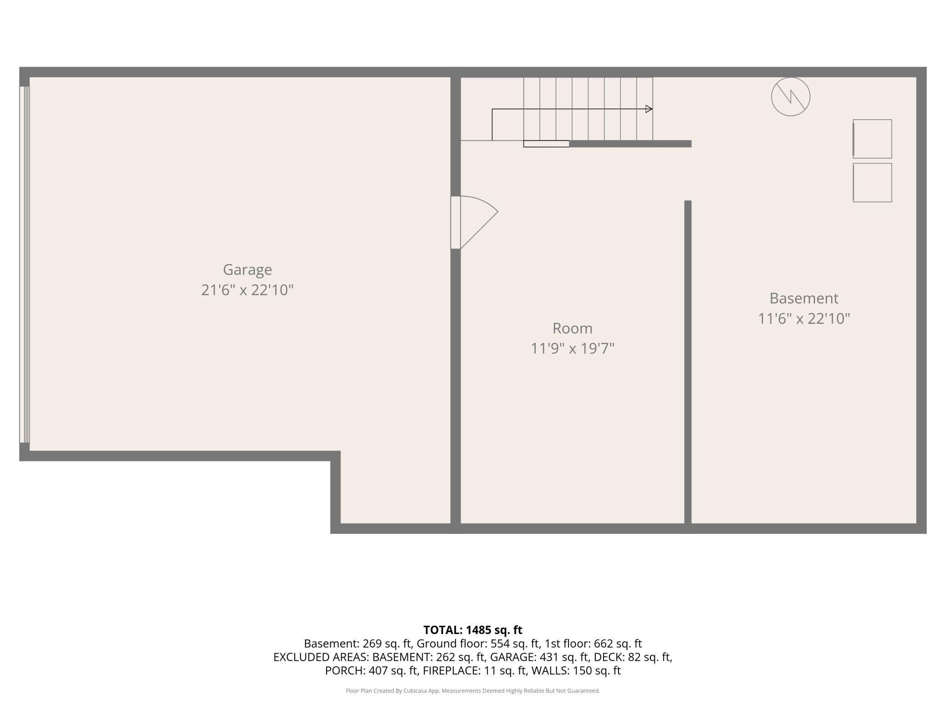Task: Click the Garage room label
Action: [x=247, y=270]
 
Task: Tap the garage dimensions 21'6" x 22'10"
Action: [x=247, y=290]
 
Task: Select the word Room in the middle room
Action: [x=572, y=328]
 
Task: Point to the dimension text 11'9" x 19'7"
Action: [x=572, y=348]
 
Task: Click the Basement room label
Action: [x=804, y=298]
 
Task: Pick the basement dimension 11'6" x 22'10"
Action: [x=804, y=318]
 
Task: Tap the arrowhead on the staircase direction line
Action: [x=649, y=109]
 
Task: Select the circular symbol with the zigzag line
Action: [x=790, y=96]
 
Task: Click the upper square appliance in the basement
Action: [x=872, y=139]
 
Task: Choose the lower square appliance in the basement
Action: [x=872, y=183]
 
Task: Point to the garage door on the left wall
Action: [x=24, y=264]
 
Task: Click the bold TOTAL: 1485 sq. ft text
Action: [x=473, y=630]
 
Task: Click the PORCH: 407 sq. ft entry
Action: [x=372, y=670]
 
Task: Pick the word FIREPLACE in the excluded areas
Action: [x=451, y=670]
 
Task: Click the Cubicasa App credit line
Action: [x=473, y=691]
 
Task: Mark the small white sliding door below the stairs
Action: [x=546, y=144]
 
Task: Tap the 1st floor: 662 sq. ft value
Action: [x=593, y=644]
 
